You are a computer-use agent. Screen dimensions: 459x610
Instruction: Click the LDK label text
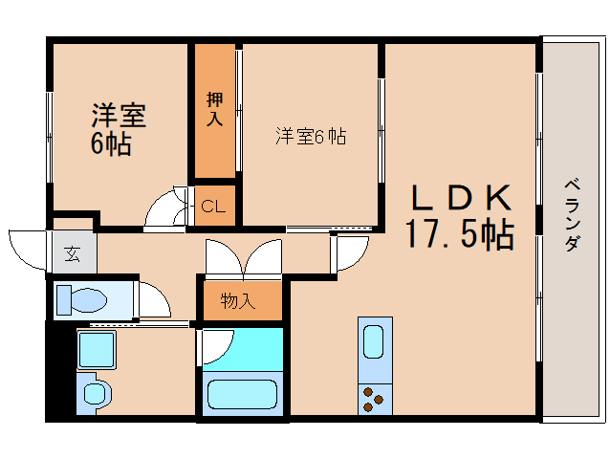tap(462, 196)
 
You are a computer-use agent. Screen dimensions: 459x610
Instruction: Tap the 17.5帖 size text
tap(459, 232)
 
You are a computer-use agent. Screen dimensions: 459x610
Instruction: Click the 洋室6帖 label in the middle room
tap(311, 137)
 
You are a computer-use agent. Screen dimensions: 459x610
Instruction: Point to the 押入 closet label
tap(214, 108)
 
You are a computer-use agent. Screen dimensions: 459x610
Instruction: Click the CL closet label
tap(213, 206)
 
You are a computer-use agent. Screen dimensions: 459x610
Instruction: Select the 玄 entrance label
tap(72, 253)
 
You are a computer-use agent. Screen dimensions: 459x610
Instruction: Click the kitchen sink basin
tap(373, 339)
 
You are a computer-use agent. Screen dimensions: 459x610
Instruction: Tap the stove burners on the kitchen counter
tap(373, 398)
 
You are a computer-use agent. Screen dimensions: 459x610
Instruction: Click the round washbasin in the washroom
tap(93, 393)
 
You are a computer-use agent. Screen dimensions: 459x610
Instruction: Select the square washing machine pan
tap(96, 350)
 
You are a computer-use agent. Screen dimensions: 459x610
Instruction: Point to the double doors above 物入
tap(244, 256)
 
